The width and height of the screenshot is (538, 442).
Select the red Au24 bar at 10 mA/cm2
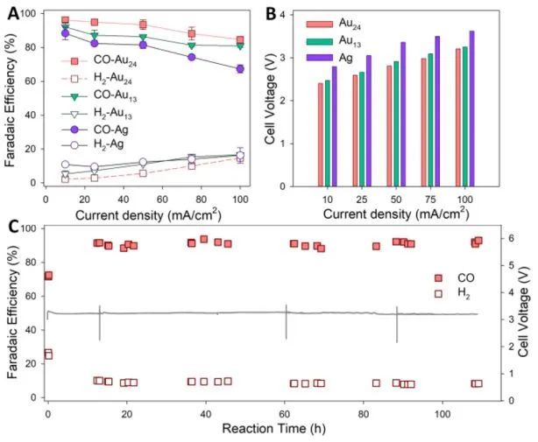[321, 134]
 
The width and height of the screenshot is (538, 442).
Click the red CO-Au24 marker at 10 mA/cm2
[65, 20]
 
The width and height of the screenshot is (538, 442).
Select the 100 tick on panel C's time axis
[442, 412]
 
